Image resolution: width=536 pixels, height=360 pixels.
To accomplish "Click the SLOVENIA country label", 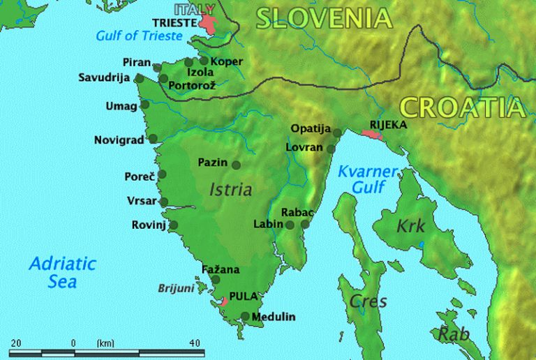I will click(323, 19).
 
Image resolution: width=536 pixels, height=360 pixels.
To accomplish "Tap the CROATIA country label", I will click(462, 107).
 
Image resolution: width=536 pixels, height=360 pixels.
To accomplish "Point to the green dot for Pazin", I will click(236, 165).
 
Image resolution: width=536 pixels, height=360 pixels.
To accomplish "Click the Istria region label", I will click(230, 189).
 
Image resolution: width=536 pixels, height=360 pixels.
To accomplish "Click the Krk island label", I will click(411, 226).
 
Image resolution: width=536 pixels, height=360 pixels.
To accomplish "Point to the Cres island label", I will click(368, 301).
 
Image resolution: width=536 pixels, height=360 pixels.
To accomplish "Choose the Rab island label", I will click(453, 334).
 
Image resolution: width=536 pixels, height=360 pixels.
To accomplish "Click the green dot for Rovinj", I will click(173, 225).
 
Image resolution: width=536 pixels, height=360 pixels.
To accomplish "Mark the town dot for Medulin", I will click(245, 316).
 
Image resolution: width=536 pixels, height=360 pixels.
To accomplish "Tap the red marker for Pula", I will click(223, 301).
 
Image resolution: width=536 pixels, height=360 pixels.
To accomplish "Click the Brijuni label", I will click(175, 287).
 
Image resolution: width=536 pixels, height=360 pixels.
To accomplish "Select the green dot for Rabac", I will click(305, 224).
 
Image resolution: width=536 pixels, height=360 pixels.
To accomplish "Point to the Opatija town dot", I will click(337, 133).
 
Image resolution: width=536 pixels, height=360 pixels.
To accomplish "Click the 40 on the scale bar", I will click(194, 343).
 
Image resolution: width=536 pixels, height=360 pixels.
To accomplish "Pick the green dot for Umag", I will click(144, 105).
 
